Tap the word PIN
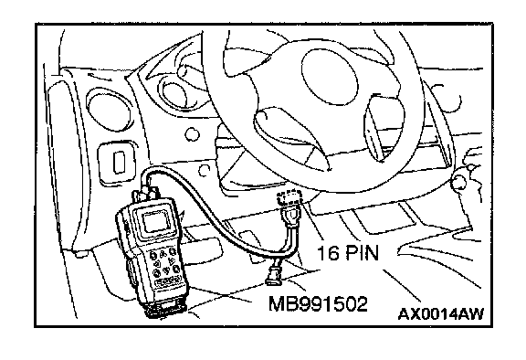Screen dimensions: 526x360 click(362, 252)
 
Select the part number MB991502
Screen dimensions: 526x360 click(318, 304)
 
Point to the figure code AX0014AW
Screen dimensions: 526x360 click(441, 314)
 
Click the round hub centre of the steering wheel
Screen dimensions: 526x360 click(330, 77)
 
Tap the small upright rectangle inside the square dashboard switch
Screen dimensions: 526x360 click(119, 162)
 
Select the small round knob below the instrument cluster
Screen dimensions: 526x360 click(192, 134)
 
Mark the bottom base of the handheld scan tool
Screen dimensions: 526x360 click(165, 308)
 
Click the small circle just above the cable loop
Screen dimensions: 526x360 click(204, 170)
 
